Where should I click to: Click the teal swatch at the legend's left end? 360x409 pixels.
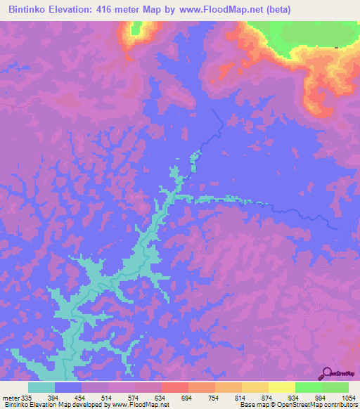(41, 387)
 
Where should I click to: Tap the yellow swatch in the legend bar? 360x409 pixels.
(282, 387)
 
